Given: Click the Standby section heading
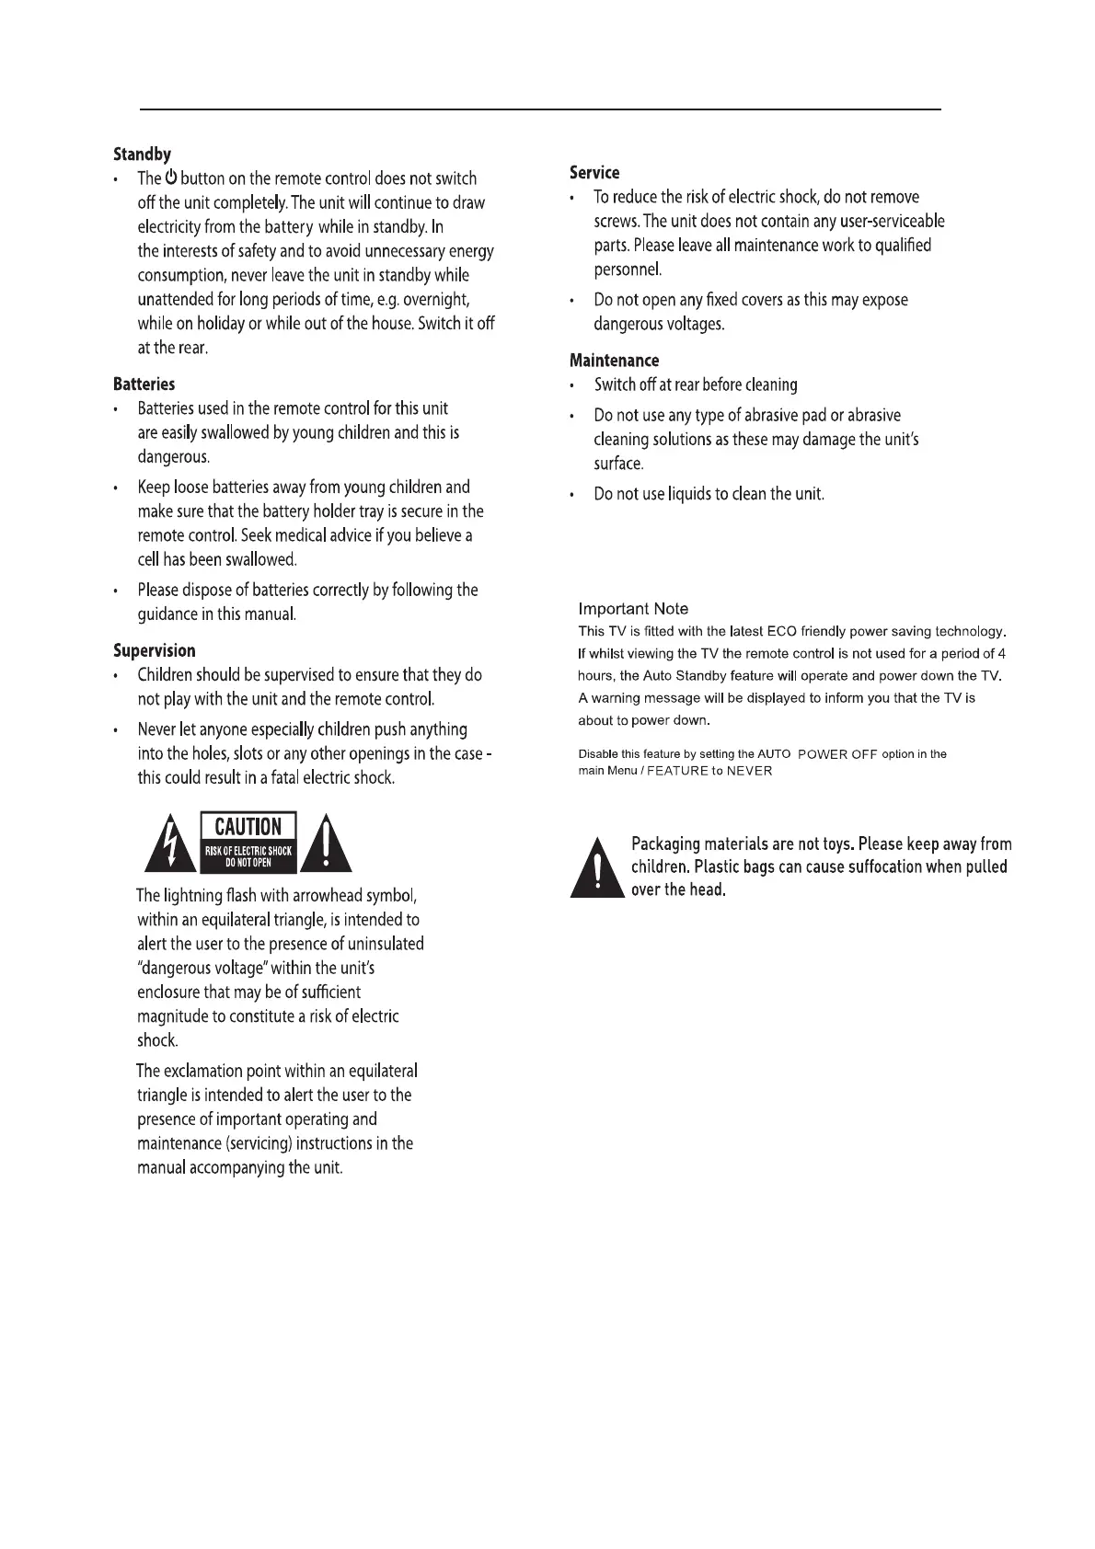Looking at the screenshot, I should (x=142, y=155).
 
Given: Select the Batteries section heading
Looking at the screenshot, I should (x=144, y=384).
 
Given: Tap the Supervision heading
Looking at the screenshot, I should (x=154, y=650).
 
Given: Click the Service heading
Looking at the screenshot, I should (x=594, y=172).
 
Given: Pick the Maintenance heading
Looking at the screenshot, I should (x=614, y=361).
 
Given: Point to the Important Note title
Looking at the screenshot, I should (x=633, y=609).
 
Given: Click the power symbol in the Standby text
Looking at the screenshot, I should (x=171, y=178).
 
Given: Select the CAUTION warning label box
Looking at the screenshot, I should (x=248, y=842).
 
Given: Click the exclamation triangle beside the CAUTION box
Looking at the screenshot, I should (x=328, y=843).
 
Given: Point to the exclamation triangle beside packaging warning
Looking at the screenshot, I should (x=597, y=868).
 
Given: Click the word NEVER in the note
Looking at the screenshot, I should (x=749, y=771).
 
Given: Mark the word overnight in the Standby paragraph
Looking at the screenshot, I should (x=436, y=300).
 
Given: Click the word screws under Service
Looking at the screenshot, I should (x=617, y=221).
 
